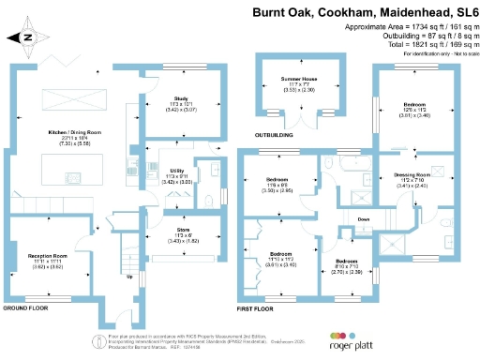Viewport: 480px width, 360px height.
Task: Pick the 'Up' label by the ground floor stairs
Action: (128, 277)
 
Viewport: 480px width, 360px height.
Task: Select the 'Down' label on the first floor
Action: (366, 221)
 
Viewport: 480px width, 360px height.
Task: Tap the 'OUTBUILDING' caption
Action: (277, 135)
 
